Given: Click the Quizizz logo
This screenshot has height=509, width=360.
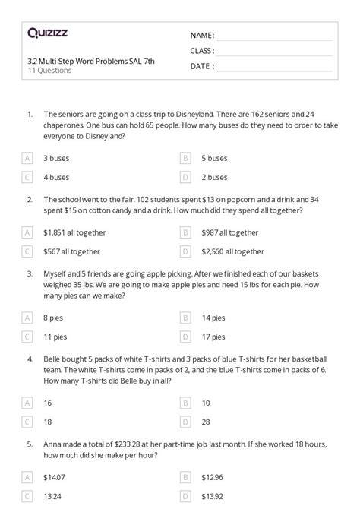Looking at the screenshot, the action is coord(49,33).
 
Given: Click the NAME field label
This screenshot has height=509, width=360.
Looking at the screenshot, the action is coord(202,36).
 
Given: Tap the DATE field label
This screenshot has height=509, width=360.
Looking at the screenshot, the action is coord(200,66).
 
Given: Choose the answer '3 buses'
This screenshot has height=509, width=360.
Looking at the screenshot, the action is coord(57,158).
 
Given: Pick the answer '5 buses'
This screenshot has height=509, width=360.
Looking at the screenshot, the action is coord(214,158).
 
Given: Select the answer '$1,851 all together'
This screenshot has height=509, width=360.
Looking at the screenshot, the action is coord(74,232).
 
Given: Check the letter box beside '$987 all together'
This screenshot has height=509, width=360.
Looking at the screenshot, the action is coord(185,232).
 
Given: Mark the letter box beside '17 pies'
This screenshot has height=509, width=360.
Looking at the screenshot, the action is coord(185,336).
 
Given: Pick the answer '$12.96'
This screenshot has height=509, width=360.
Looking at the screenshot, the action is coord(213,476).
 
